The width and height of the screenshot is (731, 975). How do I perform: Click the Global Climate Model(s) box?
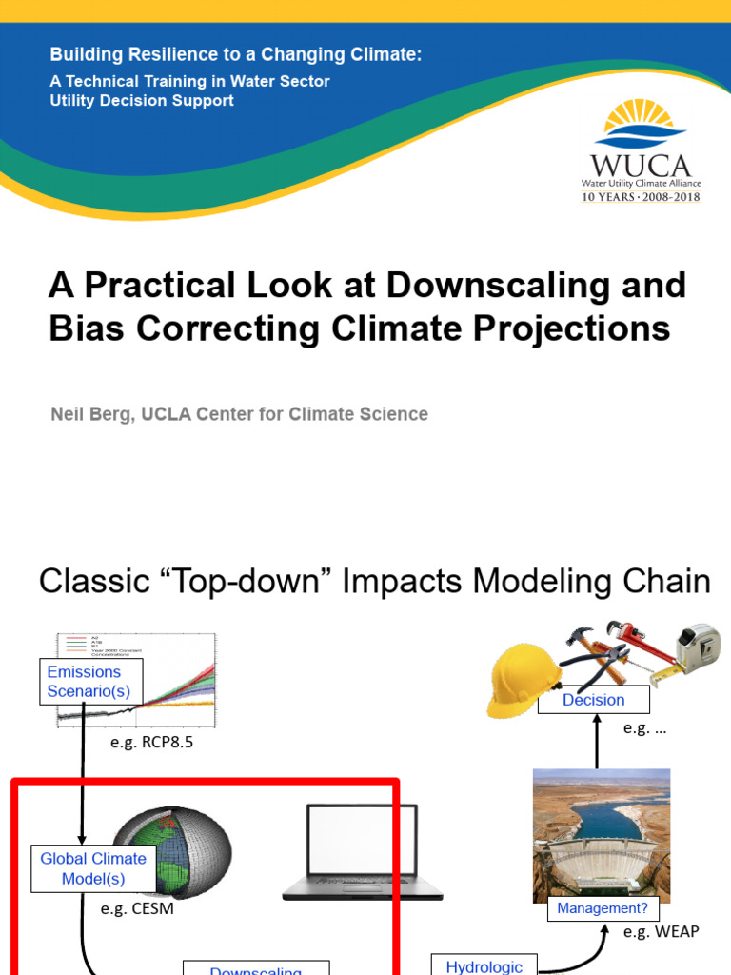point(92,868)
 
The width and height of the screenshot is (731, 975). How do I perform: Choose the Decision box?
point(593,700)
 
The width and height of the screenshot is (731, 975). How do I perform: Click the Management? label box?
point(602,908)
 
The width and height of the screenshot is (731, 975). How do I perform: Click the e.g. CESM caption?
point(137,908)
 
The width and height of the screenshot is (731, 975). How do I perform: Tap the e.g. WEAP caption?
point(661,931)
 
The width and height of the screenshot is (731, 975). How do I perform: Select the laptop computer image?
point(363,852)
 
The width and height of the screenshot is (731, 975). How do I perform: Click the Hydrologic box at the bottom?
point(484,965)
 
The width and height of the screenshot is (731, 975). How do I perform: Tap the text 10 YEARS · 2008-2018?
point(640,197)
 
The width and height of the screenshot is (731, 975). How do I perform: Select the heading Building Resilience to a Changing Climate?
point(235,55)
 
